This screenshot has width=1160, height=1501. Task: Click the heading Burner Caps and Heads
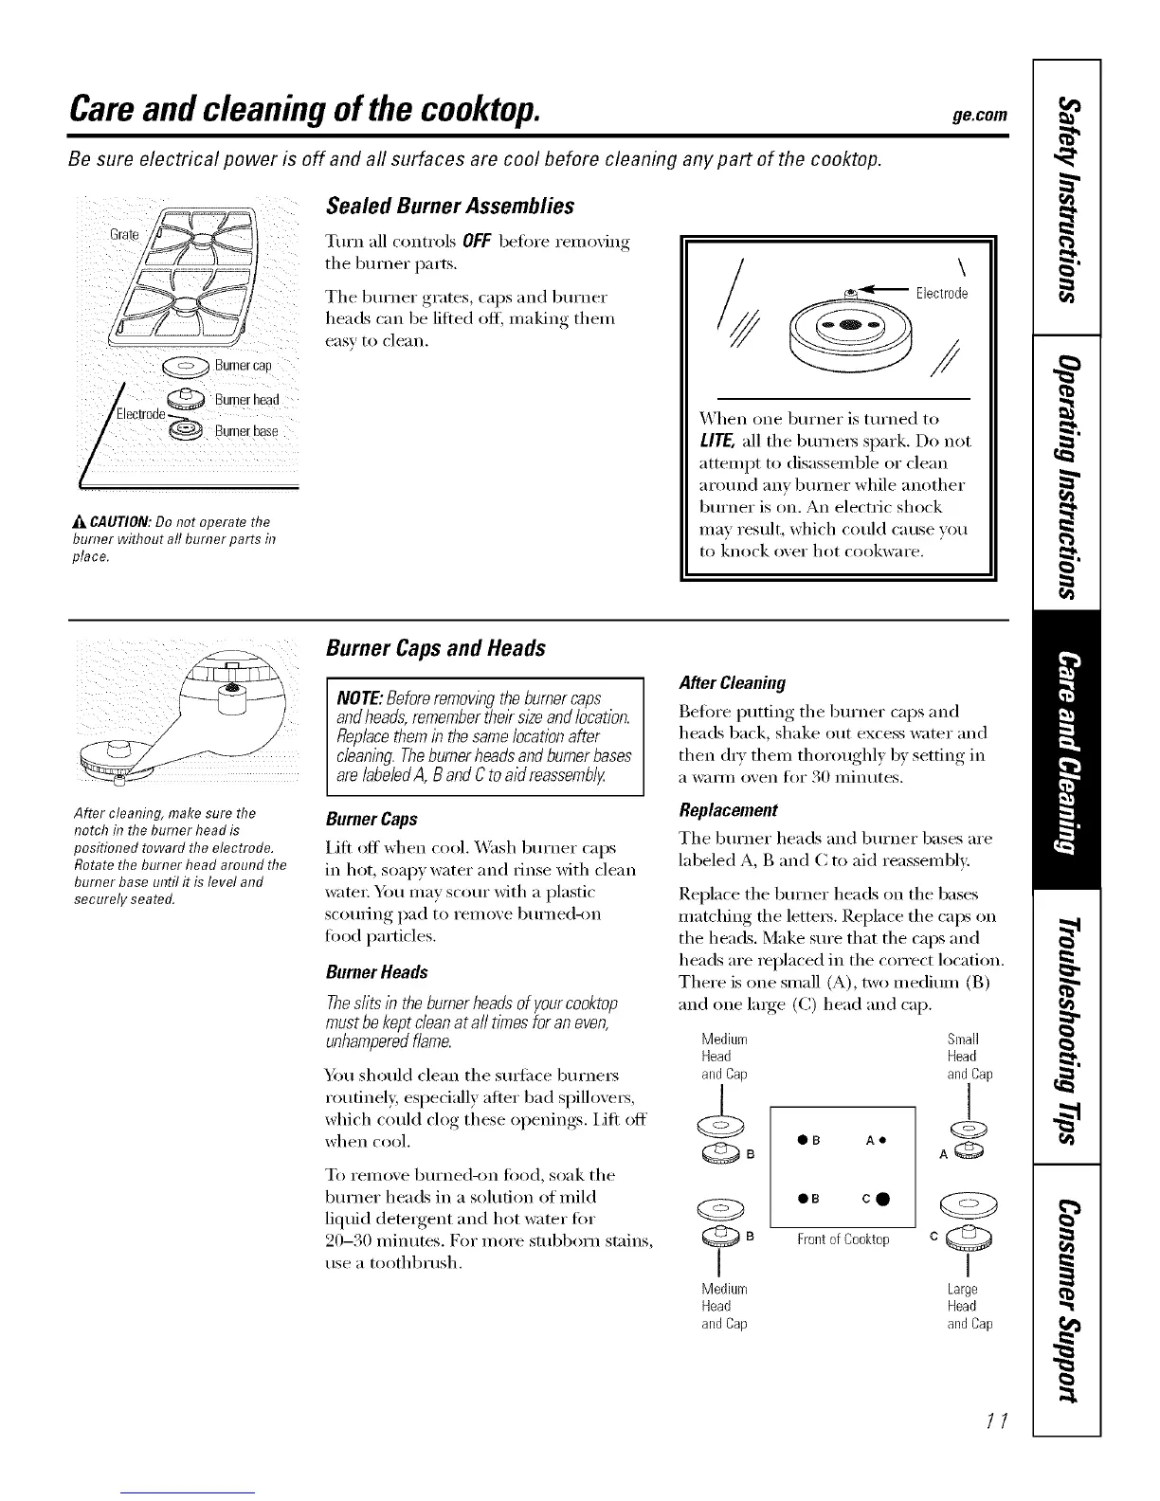[x=435, y=648]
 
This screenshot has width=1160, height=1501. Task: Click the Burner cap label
[x=243, y=366]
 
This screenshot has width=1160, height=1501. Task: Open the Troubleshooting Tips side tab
[x=1068, y=1026]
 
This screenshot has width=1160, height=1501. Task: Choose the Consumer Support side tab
[x=1068, y=1298]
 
